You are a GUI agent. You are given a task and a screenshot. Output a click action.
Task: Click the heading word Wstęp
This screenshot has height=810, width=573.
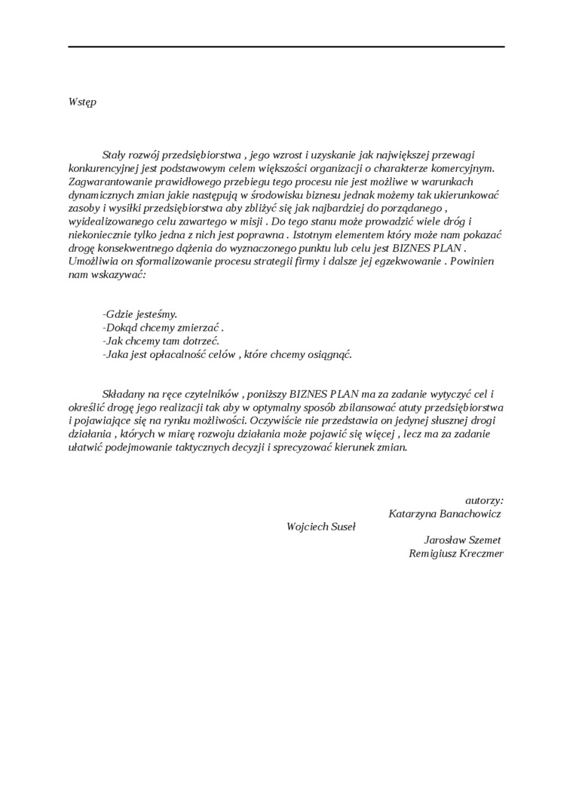click(82, 102)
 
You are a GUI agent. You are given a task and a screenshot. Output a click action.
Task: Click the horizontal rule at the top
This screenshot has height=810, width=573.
click(286, 47)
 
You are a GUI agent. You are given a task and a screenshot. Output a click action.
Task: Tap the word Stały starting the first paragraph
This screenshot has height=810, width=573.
click(115, 154)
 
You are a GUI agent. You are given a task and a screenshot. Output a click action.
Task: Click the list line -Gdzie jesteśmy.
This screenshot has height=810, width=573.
click(139, 314)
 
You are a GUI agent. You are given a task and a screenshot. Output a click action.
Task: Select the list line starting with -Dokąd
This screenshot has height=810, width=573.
click(162, 328)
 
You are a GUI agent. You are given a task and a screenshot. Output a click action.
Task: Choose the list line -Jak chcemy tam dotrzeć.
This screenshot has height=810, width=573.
click(160, 341)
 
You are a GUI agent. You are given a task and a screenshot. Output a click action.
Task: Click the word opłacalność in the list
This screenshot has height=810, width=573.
click(191, 355)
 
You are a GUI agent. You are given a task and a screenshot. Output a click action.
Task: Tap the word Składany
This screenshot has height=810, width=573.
click(124, 394)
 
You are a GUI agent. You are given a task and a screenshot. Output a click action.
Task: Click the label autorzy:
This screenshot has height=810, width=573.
click(484, 500)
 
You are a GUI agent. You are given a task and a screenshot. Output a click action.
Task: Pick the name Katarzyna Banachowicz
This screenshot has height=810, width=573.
click(444, 513)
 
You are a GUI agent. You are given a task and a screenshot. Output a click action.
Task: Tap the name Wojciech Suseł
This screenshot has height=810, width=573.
click(321, 527)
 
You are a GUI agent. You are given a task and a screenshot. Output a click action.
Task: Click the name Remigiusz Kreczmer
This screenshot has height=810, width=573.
click(455, 554)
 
